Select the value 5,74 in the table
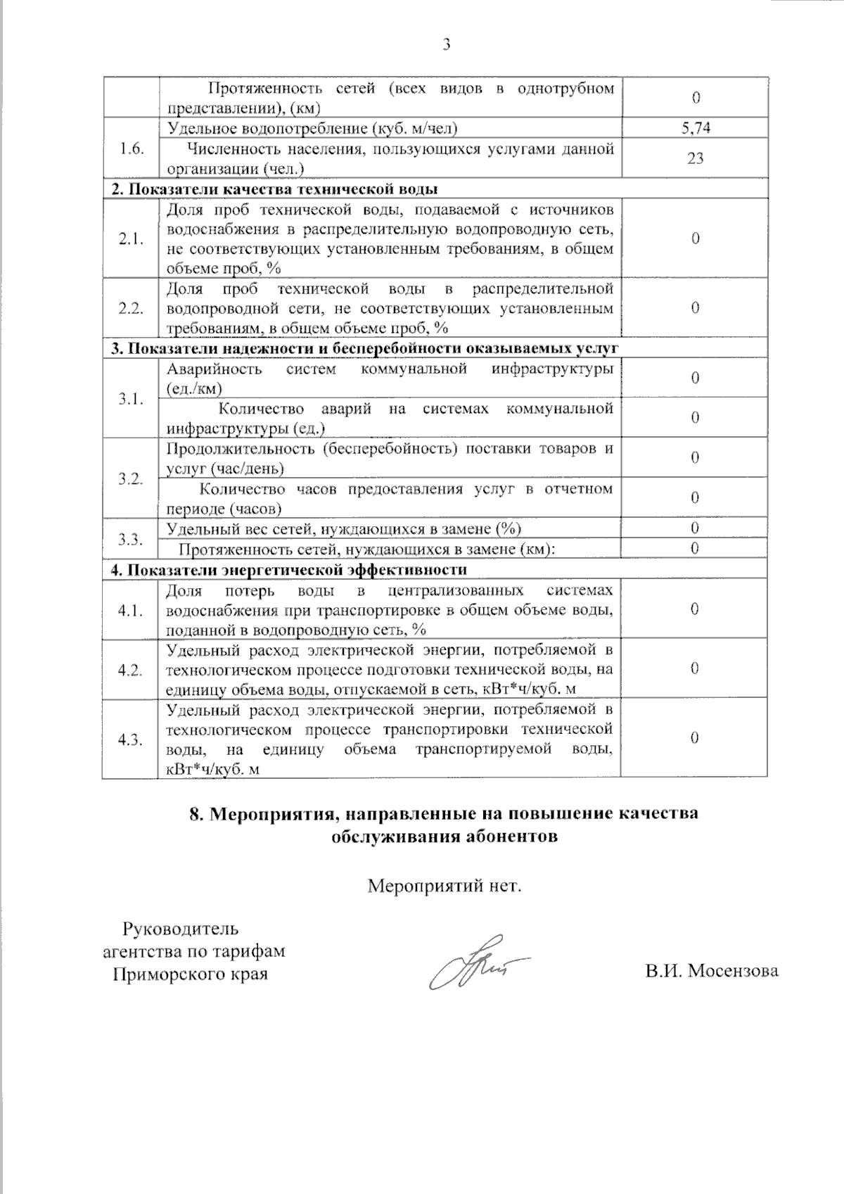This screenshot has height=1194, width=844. (x=695, y=128)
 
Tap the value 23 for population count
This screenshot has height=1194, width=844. (x=695, y=158)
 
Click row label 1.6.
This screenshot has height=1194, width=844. (x=132, y=148)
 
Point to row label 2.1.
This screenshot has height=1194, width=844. (x=132, y=239)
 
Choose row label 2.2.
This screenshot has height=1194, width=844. (x=132, y=308)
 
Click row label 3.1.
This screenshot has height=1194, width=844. (x=132, y=399)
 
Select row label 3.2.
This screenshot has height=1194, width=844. (x=132, y=478)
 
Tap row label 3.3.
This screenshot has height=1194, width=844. (x=132, y=539)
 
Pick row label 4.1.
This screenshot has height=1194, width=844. (x=132, y=609)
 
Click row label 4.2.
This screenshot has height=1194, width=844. (x=132, y=669)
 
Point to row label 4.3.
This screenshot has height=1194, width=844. (x=132, y=739)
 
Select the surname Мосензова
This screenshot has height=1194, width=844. (x=733, y=972)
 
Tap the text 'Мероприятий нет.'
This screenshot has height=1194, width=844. (x=445, y=885)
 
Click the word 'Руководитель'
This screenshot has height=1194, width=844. (x=181, y=929)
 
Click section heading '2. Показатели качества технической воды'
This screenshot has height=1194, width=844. (x=274, y=189)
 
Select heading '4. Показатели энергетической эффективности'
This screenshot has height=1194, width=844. (x=288, y=569)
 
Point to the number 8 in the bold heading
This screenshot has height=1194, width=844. (x=196, y=814)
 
